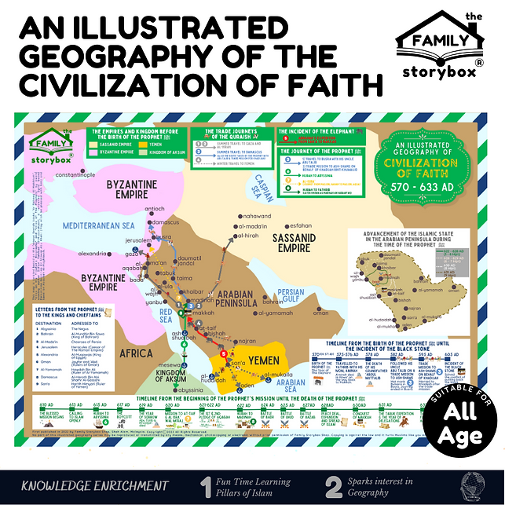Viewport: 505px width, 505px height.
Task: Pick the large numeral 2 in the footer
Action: pos(333,486)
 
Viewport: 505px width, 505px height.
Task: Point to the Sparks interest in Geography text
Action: pos(388,487)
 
